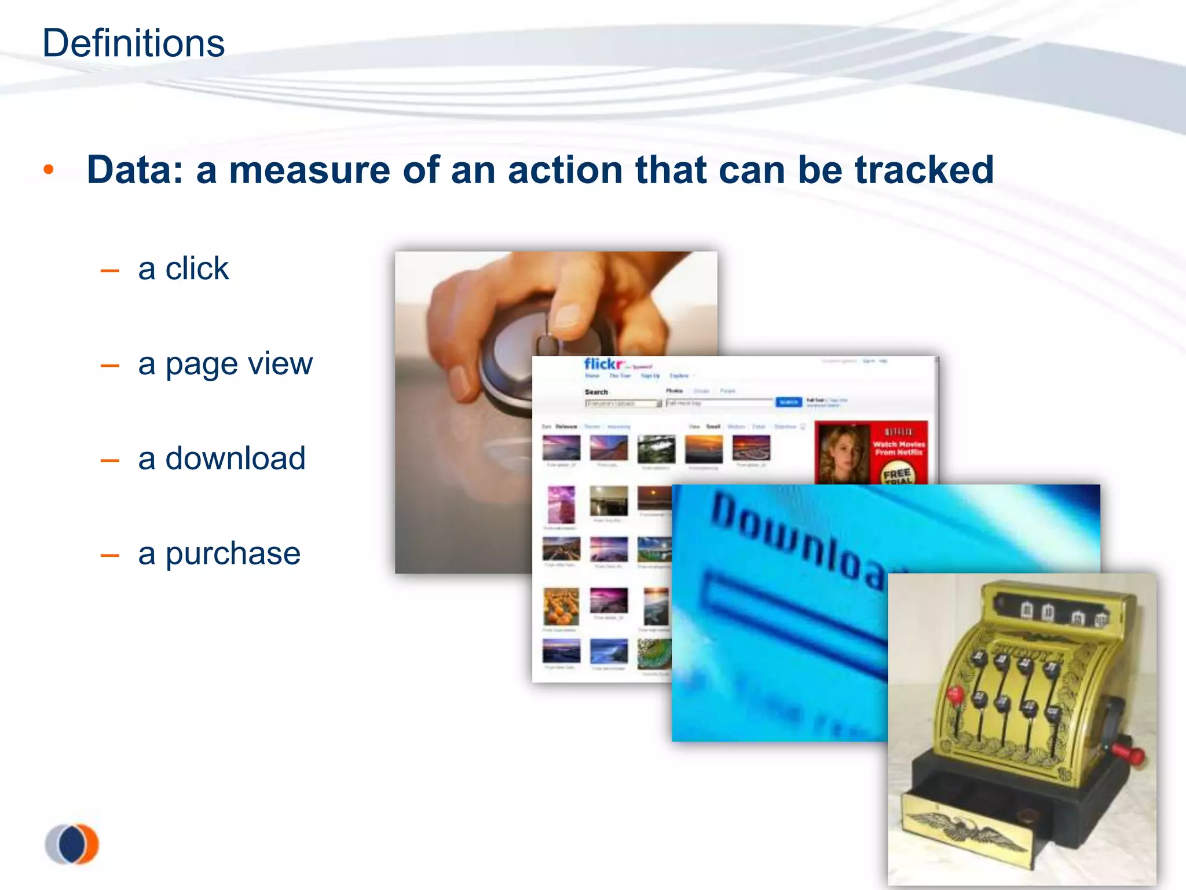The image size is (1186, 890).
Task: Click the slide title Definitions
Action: pyautogui.click(x=133, y=43)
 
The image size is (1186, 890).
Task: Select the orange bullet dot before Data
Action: pyautogui.click(x=49, y=170)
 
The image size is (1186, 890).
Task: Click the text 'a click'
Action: pyautogui.click(x=183, y=269)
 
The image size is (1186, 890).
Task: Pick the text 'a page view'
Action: pyautogui.click(x=225, y=364)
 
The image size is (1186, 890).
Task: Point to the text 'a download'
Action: pyautogui.click(x=221, y=458)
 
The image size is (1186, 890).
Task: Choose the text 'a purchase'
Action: pyautogui.click(x=219, y=553)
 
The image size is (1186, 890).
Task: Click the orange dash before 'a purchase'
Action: pyautogui.click(x=109, y=556)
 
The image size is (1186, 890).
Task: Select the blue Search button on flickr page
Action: pyautogui.click(x=788, y=402)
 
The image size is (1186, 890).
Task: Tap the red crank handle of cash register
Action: pyautogui.click(x=1129, y=754)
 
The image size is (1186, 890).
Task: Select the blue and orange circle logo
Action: pyautogui.click(x=72, y=844)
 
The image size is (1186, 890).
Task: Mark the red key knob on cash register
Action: pyautogui.click(x=955, y=694)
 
